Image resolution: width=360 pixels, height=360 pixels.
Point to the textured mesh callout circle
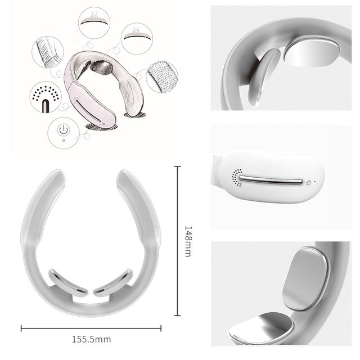click(x=162, y=76)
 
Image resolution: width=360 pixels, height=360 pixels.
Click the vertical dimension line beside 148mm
click(x=178, y=242)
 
